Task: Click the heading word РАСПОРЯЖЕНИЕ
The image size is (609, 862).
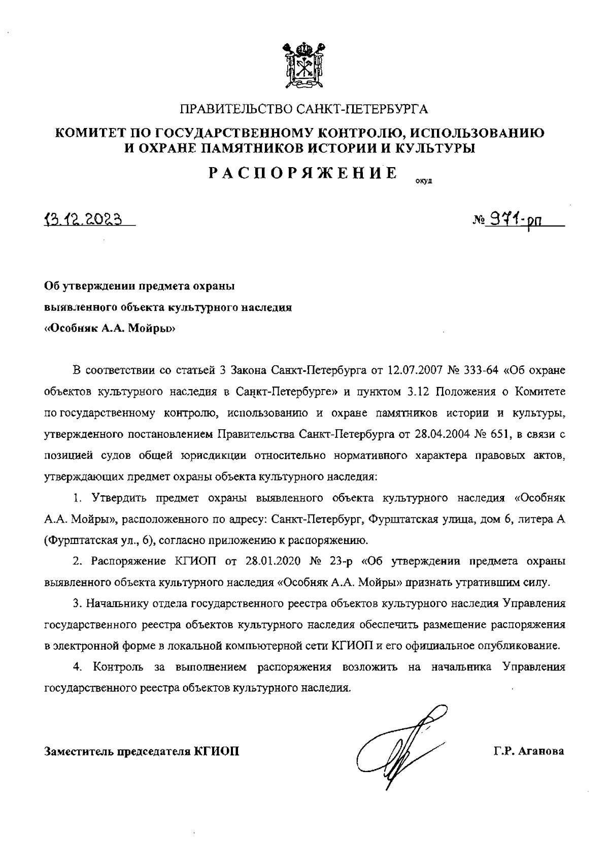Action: pyautogui.click(x=303, y=173)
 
